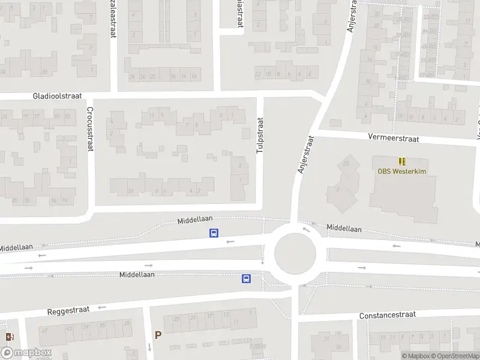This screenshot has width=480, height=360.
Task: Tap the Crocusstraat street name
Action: (89, 129)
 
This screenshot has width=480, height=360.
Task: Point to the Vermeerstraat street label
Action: (394, 138)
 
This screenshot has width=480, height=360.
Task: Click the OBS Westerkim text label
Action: (401, 170)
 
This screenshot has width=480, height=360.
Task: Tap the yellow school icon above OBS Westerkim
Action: (401, 161)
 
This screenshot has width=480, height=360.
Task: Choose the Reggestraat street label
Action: (68, 311)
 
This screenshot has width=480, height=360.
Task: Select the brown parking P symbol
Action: (158, 335)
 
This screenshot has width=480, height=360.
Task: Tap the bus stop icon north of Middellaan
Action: (214, 233)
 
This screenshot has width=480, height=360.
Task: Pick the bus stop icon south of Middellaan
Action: (246, 278)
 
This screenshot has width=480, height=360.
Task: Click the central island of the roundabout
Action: (295, 253)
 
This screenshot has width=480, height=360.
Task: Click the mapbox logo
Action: (25, 353)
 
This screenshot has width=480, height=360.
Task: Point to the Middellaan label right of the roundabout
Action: (344, 229)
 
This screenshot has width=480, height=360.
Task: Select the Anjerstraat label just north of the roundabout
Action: (305, 155)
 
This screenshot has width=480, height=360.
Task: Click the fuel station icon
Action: (8, 337)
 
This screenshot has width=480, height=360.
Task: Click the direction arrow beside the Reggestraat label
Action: (102, 307)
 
